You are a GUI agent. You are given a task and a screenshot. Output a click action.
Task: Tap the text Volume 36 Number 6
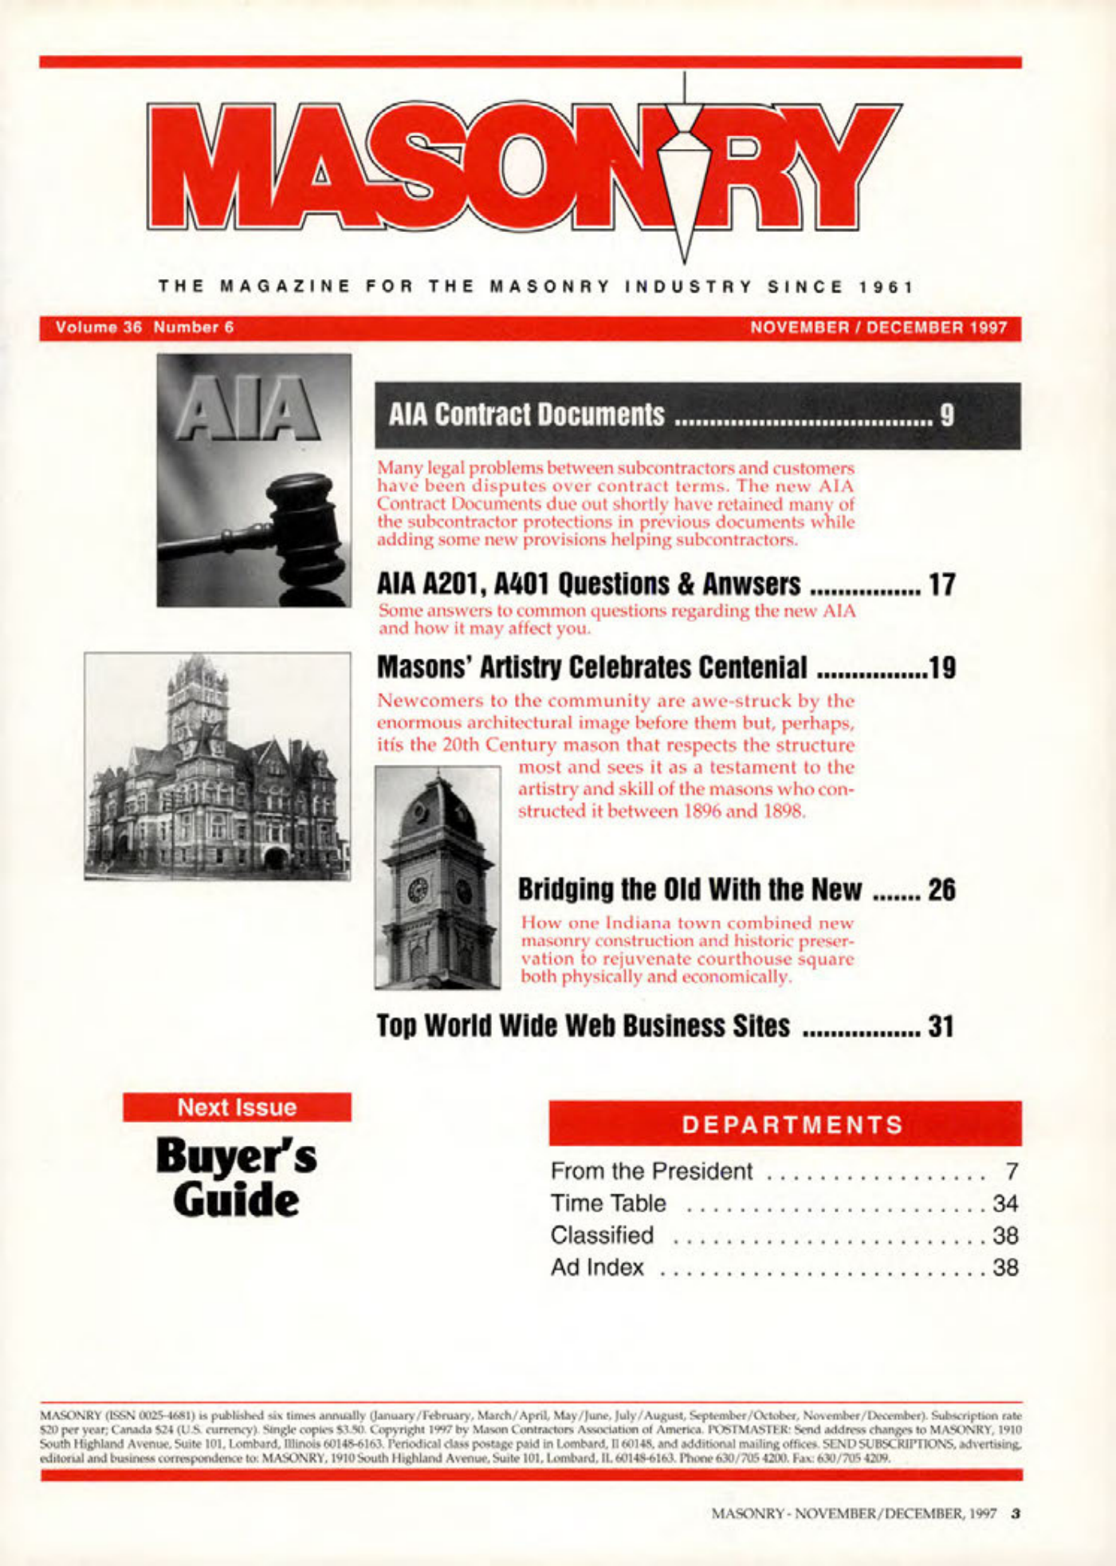coord(144,328)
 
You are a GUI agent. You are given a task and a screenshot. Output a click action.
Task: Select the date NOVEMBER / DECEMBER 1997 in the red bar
coord(879,328)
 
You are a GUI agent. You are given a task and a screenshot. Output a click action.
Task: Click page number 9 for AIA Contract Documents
coord(947,415)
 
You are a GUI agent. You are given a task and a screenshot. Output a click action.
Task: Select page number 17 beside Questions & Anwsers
coord(941,585)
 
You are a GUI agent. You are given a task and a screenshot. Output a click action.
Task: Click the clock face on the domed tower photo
coord(418,890)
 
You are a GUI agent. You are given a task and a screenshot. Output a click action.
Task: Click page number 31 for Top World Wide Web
coord(941,1026)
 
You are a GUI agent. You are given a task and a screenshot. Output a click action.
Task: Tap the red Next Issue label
coord(237,1108)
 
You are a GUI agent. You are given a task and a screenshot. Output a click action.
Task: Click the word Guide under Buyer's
coord(236,1200)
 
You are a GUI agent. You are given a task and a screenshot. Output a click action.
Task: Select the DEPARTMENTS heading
coord(792,1124)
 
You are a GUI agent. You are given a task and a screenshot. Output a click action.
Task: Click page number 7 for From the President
coord(1012,1171)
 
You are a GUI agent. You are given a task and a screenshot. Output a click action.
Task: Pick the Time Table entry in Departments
coord(607,1202)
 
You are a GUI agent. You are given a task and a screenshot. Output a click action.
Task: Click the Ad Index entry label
coord(597,1267)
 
